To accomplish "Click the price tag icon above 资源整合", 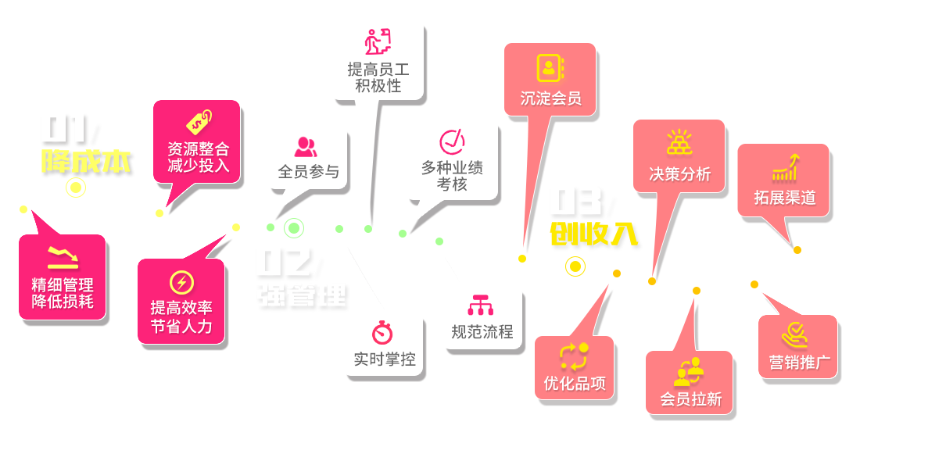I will coord(198,123).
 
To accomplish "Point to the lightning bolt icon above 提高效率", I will coord(181,282).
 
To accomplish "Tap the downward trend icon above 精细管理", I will coord(63,256).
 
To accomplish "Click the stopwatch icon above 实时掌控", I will coord(383,332).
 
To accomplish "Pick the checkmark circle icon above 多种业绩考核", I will coord(452,141).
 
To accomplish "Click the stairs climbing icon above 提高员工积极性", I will coord(378,41).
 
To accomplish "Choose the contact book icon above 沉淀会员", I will coord(550,68).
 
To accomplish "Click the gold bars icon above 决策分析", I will coord(679,142).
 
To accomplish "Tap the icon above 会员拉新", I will coord(690,372).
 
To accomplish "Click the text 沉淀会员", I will coord(551,98).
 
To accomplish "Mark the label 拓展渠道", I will coord(785,198).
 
